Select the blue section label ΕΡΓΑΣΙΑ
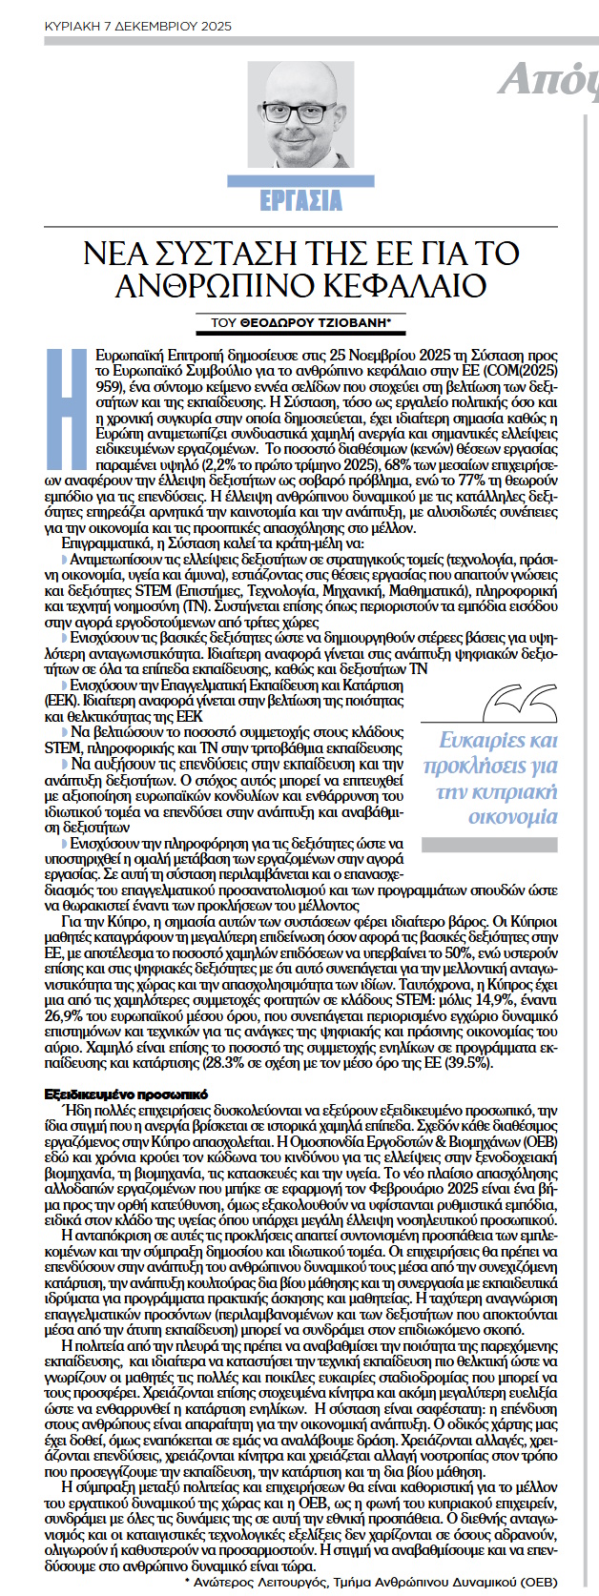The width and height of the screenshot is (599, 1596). (x=300, y=200)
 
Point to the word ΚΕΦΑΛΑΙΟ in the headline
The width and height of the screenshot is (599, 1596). (x=401, y=284)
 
